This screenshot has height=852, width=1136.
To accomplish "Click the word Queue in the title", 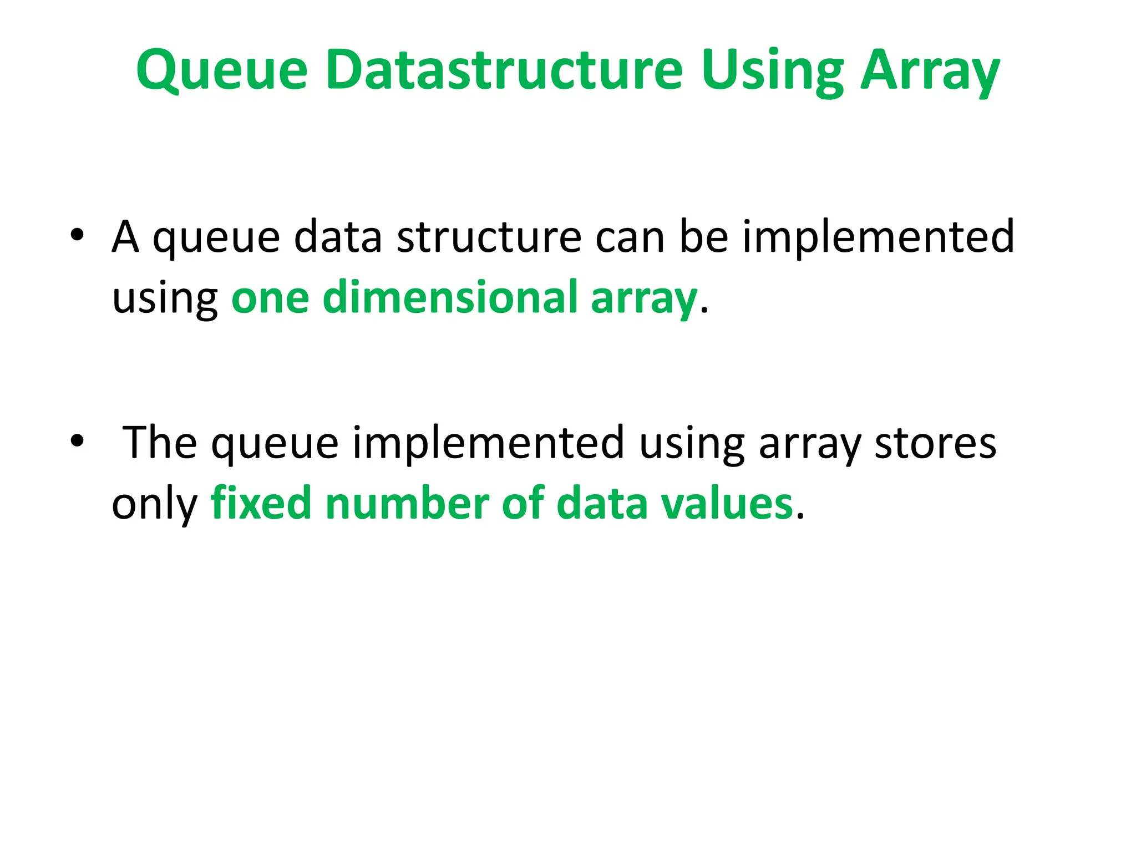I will [222, 71].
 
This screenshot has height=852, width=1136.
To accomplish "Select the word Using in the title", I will [772, 71].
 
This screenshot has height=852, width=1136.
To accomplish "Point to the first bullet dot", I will [77, 235].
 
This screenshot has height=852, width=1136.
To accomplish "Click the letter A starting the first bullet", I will [125, 236].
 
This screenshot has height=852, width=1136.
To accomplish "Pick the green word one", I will [270, 298].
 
